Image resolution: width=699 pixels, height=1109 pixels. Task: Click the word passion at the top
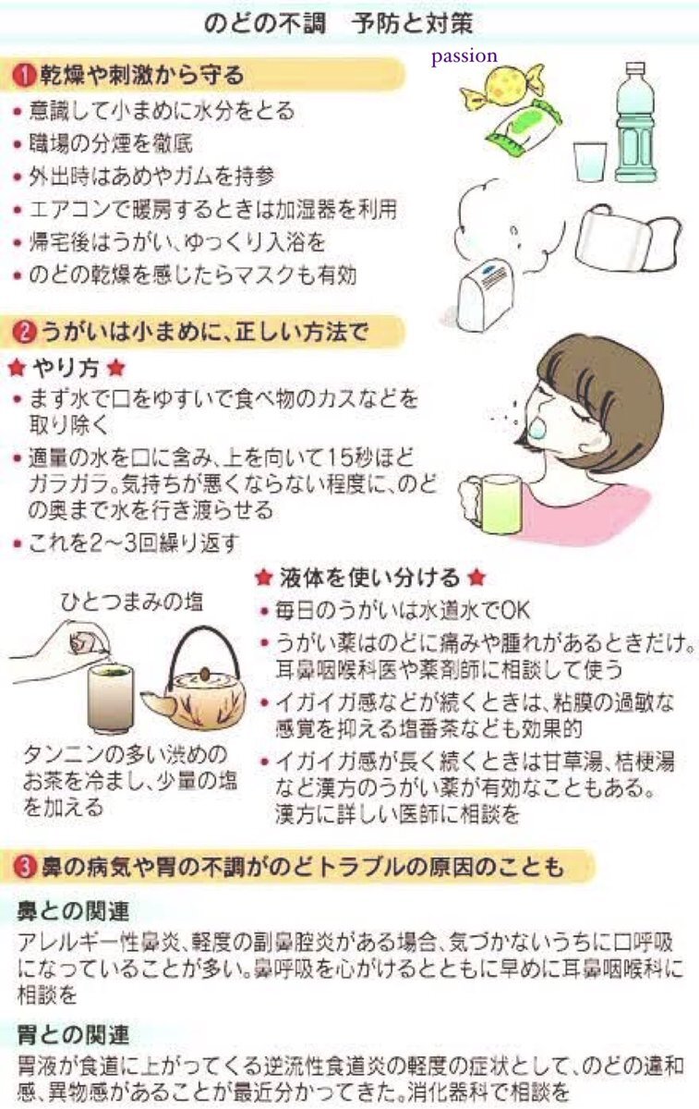(x=464, y=57)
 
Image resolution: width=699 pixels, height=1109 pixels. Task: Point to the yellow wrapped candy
(x=502, y=87)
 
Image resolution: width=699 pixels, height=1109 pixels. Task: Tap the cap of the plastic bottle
(x=635, y=70)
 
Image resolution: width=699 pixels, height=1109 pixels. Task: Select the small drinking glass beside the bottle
(x=590, y=162)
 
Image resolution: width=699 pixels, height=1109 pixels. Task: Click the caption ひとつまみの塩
(x=131, y=603)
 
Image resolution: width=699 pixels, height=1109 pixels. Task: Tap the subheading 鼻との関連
(x=73, y=911)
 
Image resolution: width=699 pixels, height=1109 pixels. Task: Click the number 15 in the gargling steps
(x=341, y=459)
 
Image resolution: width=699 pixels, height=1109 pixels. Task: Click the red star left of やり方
(x=18, y=369)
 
